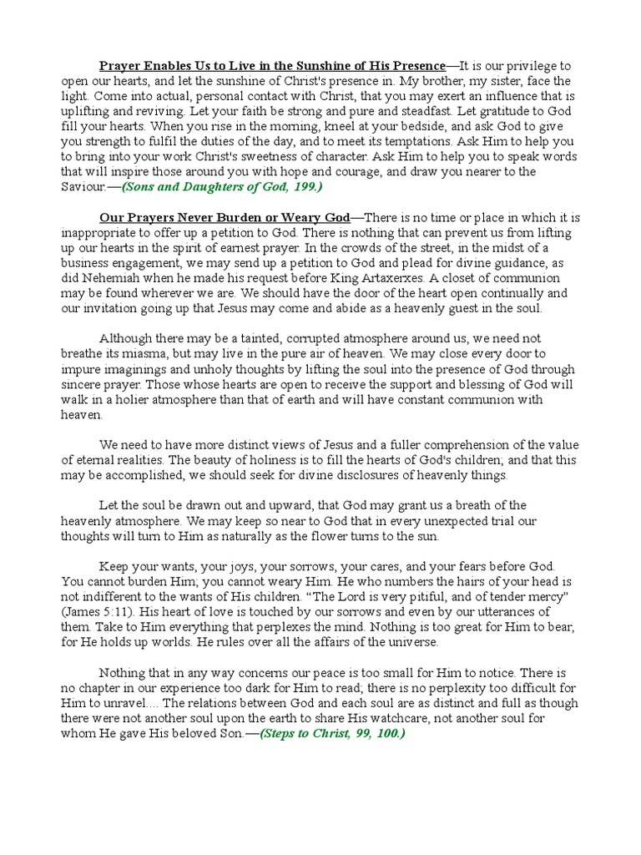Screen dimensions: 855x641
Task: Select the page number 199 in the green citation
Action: [x=303, y=186]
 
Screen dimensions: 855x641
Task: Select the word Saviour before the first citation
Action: [x=83, y=186]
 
